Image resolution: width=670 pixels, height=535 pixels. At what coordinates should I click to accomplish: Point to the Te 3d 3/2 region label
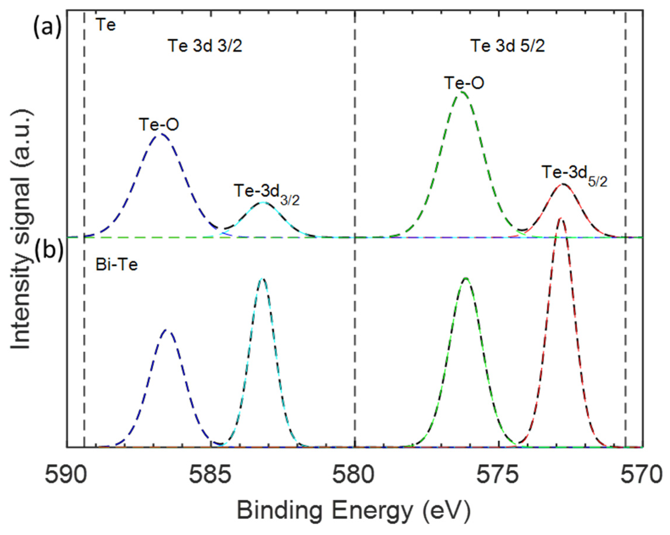[205, 46]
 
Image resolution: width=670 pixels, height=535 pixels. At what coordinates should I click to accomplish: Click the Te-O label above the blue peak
[159, 125]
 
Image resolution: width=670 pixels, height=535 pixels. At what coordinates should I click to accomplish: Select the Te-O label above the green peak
[464, 83]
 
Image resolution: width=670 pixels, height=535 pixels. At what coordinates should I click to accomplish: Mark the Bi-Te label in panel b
[116, 265]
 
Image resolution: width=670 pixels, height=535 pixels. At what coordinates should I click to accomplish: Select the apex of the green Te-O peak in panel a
[462, 92]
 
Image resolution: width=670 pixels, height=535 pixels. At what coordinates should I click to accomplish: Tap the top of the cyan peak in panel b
[263, 279]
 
